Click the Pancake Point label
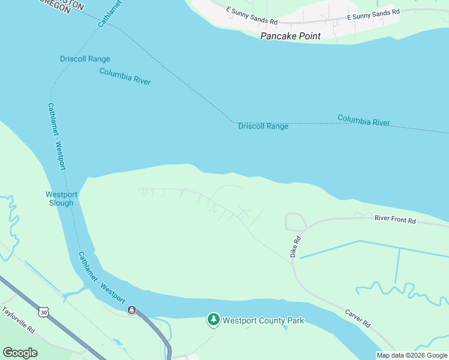pos(290,36)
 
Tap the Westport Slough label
pos(61,199)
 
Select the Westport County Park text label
pos(263,320)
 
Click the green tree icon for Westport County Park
pos(213,320)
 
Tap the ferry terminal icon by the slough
pos(131,310)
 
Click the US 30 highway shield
pos(43,312)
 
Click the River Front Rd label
pos(395,221)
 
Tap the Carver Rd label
pos(357,317)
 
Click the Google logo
pos(20,352)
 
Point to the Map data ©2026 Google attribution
pos(412,355)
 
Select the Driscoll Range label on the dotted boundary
pos(263,126)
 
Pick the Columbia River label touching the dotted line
pos(363,121)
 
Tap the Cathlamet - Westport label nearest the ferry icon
pos(101,277)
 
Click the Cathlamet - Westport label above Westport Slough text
pos(56,136)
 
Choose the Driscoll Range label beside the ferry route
pos(85,59)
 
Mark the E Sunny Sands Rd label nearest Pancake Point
pos(252,16)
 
